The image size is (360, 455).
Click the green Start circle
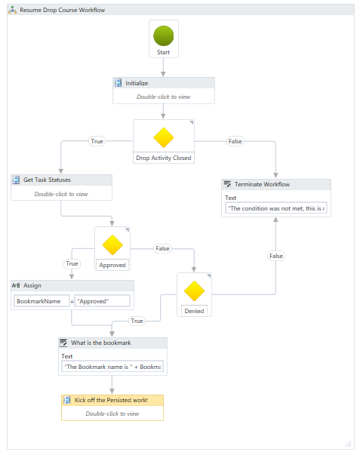point(164,35)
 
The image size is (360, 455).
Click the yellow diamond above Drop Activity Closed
point(164,137)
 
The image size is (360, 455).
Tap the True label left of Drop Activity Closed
point(97,141)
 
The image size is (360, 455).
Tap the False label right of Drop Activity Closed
point(235,141)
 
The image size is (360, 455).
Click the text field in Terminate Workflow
point(276,208)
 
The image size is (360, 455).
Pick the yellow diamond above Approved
point(112,244)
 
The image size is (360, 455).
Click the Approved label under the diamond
point(112,265)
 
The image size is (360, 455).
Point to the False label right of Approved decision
point(162,248)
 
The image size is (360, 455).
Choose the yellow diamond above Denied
point(195,291)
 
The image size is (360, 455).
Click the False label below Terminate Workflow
point(276,256)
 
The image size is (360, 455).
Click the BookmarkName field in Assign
point(42,301)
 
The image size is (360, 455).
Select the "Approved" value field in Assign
point(102,301)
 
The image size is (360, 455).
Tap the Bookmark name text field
point(112,367)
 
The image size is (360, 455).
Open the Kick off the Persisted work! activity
point(112,400)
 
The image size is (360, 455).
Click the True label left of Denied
point(137,321)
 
